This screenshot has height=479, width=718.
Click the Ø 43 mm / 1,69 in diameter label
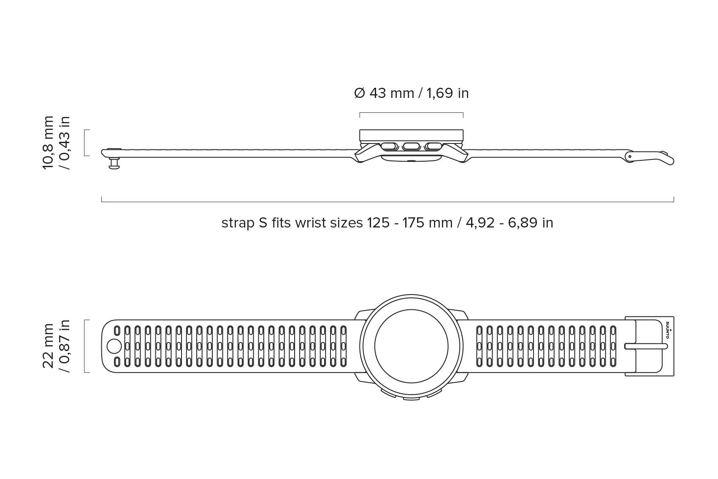click(x=411, y=93)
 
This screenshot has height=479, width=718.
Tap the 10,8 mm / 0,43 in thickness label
click(x=56, y=143)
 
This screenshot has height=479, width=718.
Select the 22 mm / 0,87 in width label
click(x=56, y=346)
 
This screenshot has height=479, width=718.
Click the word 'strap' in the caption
click(x=238, y=223)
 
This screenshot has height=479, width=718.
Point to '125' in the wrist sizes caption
click(x=378, y=223)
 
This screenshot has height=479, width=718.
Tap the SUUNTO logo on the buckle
click(x=667, y=330)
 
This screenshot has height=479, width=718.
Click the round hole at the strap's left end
click(x=114, y=346)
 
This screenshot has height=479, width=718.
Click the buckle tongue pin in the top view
click(x=646, y=346)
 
